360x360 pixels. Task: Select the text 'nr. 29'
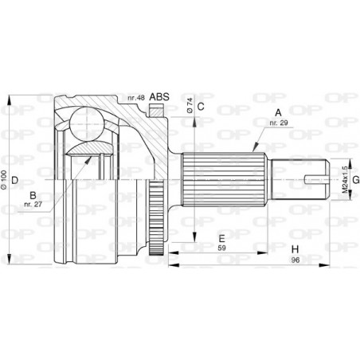[x=278, y=125]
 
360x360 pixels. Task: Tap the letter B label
[x=33, y=195]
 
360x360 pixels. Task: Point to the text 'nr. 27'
[x=33, y=205]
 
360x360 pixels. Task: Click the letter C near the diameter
[x=201, y=107]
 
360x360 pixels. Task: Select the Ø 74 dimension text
[x=190, y=105]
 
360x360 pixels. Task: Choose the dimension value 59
[x=222, y=249]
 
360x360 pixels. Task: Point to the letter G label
[x=355, y=179]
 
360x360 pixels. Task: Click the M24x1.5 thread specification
[x=344, y=180]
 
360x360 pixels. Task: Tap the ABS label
[x=160, y=98]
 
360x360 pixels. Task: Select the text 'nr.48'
[x=135, y=99]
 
